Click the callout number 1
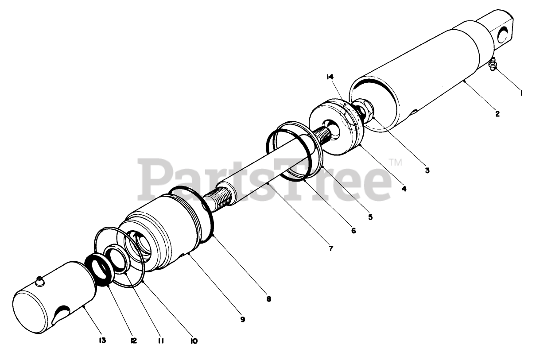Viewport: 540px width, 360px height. pos(522,93)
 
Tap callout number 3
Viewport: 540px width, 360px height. pos(427,170)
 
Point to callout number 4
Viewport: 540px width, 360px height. pos(404,188)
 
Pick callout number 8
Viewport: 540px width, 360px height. pos(268,299)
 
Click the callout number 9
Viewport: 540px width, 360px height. pos(242,319)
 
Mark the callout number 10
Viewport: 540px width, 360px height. pos(194,341)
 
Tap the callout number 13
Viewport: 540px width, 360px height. pos(102,341)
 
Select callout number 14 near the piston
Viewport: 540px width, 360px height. pos(330,77)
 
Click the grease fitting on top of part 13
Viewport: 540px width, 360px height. pos(40,280)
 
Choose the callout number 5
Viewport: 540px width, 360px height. pos(370,217)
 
